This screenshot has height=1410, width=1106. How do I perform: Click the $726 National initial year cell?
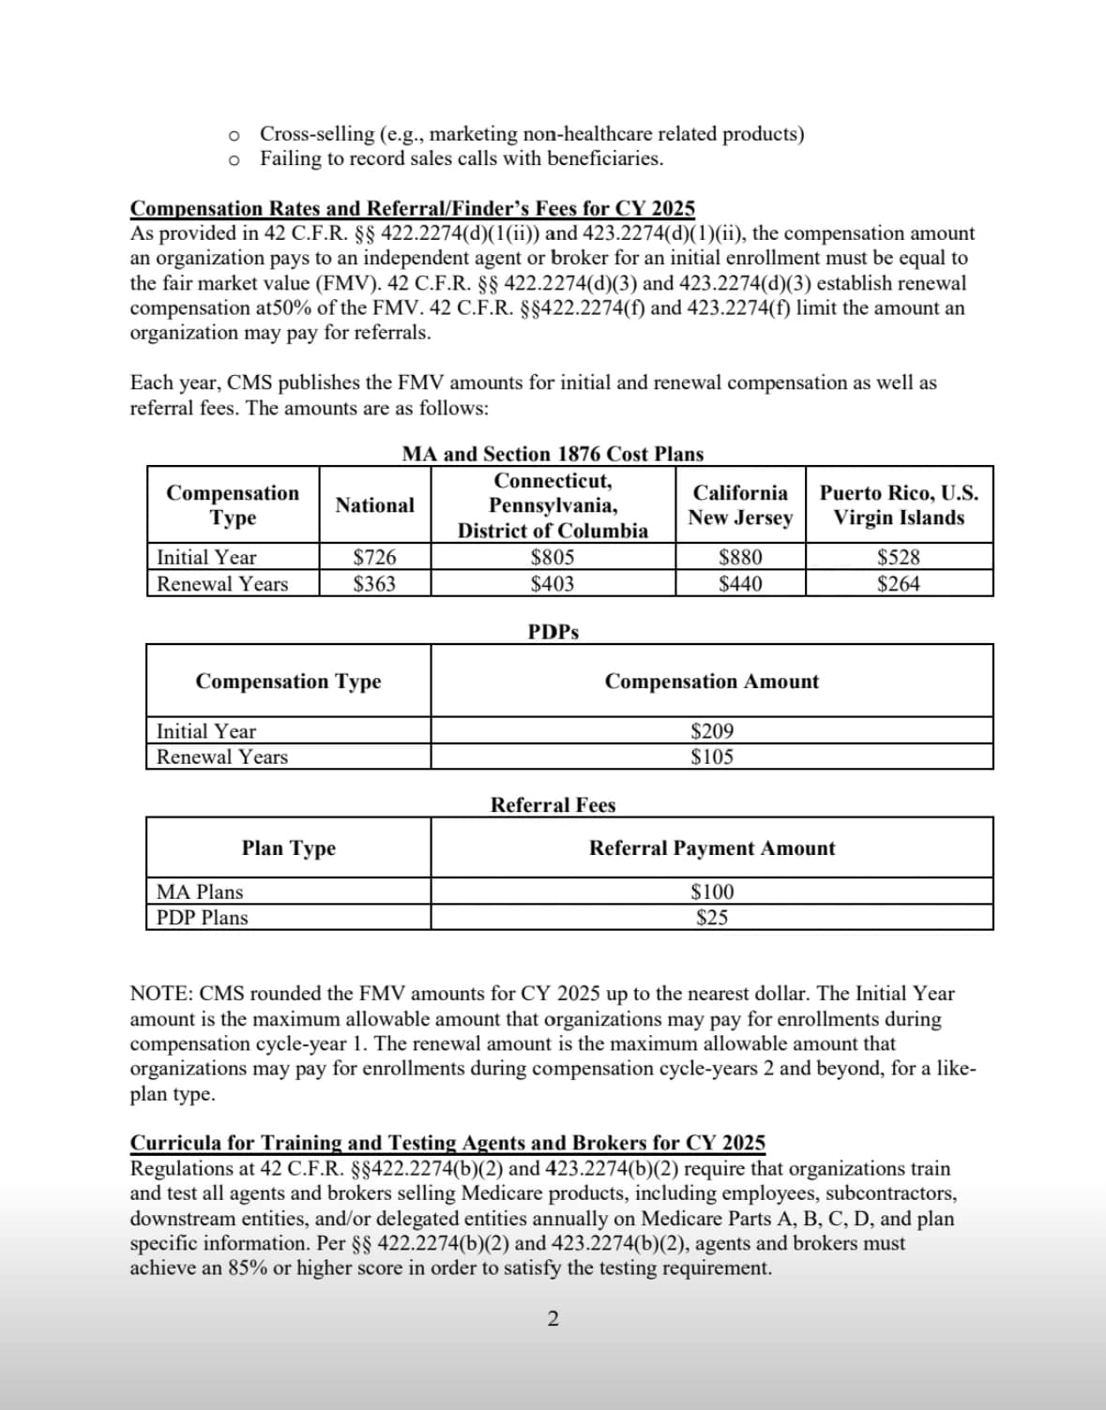(x=374, y=557)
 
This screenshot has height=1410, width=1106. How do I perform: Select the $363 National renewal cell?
(x=374, y=583)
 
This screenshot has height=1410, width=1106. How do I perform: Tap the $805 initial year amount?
(x=553, y=557)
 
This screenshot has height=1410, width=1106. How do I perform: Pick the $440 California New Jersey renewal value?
(x=740, y=583)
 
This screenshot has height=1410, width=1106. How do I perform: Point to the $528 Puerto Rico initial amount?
(x=899, y=557)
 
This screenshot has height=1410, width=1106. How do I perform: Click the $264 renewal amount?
(x=899, y=583)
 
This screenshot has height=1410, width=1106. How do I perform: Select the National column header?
(x=374, y=505)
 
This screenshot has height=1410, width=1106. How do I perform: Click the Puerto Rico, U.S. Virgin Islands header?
(x=899, y=505)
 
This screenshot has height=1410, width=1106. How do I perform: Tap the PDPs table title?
(x=553, y=632)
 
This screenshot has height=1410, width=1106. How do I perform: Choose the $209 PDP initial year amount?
(x=712, y=731)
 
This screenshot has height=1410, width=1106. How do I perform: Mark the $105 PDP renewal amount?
(x=712, y=757)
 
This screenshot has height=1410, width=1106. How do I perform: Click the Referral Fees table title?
(x=553, y=805)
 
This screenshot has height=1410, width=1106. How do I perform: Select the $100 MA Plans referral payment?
(x=712, y=892)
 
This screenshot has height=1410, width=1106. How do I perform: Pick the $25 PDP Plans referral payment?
(x=712, y=917)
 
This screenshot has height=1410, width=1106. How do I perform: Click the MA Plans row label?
(x=200, y=892)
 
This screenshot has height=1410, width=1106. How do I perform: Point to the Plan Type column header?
(x=288, y=848)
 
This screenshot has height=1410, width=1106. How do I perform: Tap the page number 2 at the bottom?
(x=553, y=1319)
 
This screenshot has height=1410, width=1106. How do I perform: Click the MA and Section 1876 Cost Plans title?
(x=553, y=455)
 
